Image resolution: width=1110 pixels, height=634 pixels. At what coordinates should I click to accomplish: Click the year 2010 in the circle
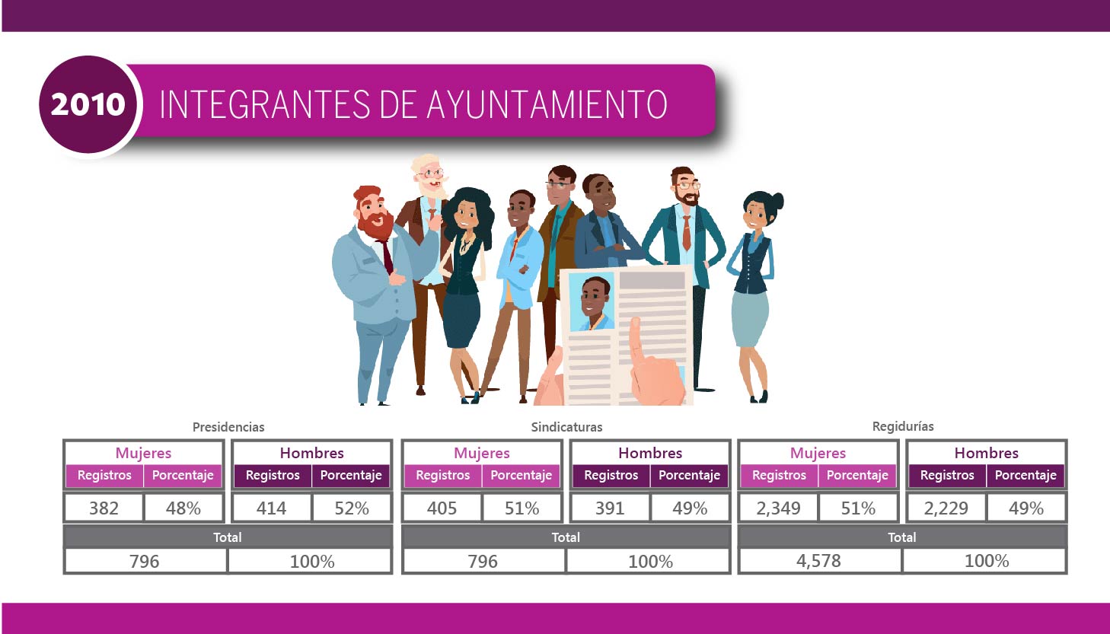(88, 104)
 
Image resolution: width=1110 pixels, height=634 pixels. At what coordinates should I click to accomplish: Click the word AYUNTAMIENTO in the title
(547, 104)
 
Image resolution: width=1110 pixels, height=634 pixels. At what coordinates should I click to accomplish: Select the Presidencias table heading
(228, 427)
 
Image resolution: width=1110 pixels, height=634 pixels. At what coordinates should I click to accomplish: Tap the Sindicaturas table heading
(566, 427)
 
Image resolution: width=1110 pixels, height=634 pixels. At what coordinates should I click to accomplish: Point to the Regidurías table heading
(902, 426)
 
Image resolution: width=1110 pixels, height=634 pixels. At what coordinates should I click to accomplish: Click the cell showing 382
(104, 508)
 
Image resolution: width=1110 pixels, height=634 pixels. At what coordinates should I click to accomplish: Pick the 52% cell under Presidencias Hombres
(351, 508)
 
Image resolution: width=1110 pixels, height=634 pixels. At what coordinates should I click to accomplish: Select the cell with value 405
(442, 508)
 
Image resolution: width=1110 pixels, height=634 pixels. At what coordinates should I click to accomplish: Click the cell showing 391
(610, 508)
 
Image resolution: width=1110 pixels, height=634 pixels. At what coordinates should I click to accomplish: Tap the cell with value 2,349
(778, 508)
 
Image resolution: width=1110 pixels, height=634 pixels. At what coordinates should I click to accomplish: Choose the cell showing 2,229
(946, 508)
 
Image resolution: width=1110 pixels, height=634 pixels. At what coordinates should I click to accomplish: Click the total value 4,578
(818, 561)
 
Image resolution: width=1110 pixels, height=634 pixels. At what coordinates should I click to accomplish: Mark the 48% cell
(183, 508)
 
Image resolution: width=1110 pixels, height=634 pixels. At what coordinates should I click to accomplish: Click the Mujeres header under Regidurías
(818, 453)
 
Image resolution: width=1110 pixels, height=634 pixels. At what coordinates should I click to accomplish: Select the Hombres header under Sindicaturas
(650, 453)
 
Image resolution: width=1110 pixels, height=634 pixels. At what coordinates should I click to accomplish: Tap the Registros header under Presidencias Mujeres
(104, 475)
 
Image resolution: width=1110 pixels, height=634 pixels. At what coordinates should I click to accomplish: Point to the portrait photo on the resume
(592, 301)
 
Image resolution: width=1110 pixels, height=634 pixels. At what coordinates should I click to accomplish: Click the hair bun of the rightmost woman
(777, 201)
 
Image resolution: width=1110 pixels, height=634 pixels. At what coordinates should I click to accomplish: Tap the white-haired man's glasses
(431, 174)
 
